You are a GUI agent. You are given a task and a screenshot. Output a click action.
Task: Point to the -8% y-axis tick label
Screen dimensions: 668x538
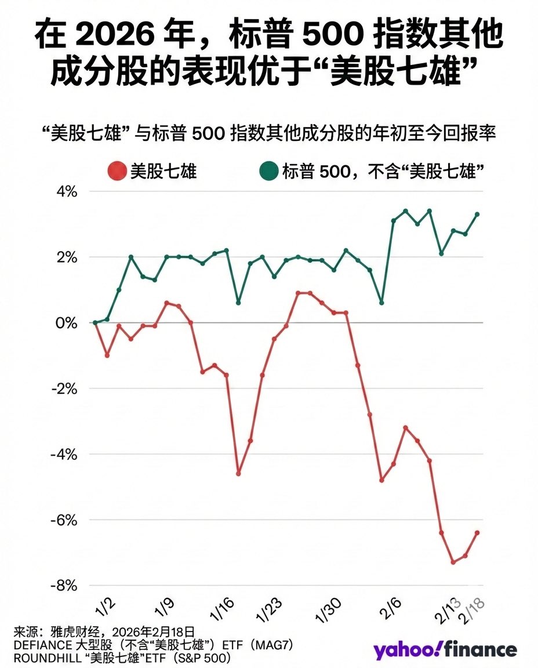click(x=64, y=586)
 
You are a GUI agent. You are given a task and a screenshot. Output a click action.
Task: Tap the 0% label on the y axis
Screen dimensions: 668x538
click(x=67, y=323)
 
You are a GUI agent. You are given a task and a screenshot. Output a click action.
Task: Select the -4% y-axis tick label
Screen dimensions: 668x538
click(x=64, y=455)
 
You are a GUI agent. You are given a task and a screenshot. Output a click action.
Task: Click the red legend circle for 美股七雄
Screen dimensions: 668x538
click(x=117, y=171)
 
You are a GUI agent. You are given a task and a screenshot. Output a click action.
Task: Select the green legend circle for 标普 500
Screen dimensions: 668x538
click(x=268, y=171)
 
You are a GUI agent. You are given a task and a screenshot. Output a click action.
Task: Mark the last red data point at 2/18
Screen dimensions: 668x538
click(x=477, y=533)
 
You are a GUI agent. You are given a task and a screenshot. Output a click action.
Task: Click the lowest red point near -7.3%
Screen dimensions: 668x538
click(x=453, y=562)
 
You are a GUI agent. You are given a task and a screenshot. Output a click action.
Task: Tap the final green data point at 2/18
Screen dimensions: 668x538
click(x=477, y=215)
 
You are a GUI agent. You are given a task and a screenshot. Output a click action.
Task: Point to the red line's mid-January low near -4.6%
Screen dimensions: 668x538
click(x=238, y=473)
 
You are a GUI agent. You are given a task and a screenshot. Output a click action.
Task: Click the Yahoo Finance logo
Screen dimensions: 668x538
click(x=445, y=649)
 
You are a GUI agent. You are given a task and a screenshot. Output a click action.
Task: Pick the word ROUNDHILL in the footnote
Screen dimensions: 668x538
click(x=42, y=659)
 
